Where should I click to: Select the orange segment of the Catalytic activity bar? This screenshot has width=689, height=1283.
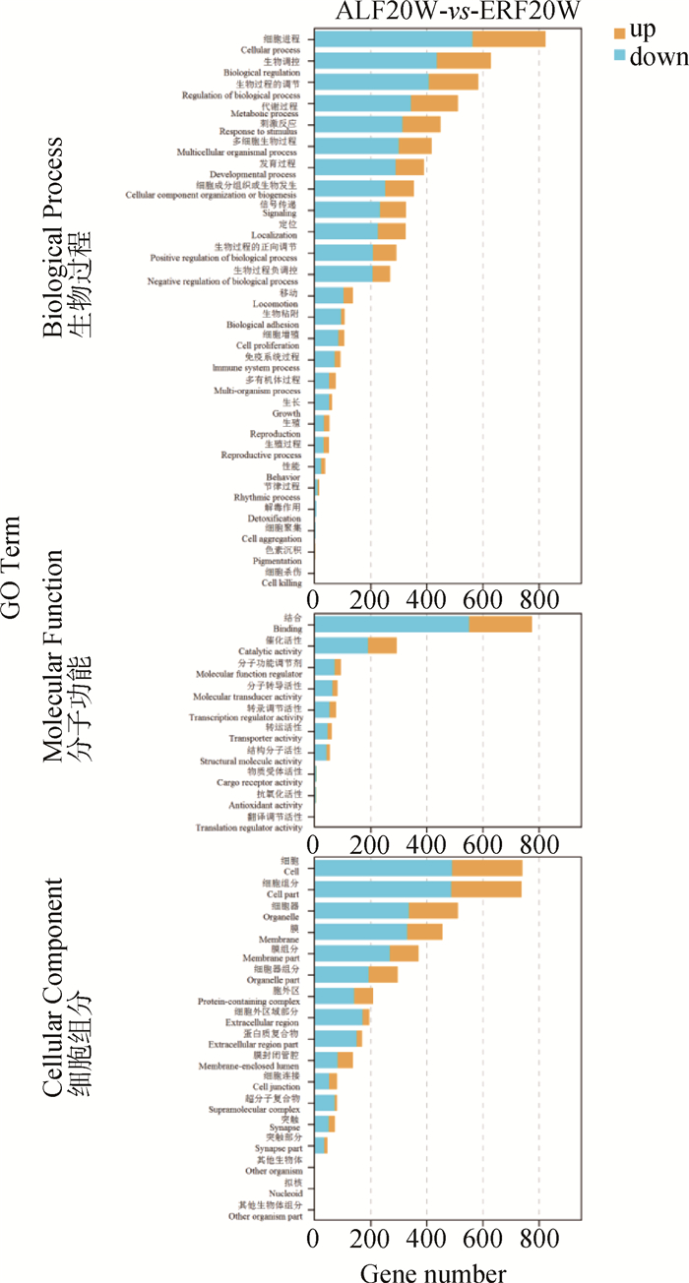pyautogui.click(x=382, y=645)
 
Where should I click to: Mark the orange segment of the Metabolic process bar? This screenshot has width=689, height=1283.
pyautogui.click(x=434, y=102)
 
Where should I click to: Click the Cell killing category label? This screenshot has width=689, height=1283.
pyautogui.click(x=282, y=583)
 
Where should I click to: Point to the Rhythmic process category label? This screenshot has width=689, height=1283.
pyautogui.click(x=267, y=498)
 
